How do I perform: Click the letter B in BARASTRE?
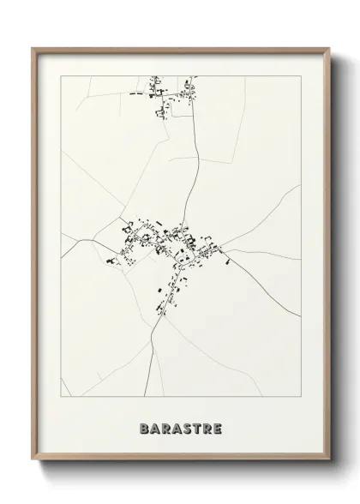coord(141,425)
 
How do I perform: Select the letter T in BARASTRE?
coord(196,425)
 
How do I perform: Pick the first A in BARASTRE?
coord(153,425)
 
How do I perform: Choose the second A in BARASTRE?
coord(174,425)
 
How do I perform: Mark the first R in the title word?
coord(164,425)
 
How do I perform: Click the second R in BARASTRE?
coord(208,425)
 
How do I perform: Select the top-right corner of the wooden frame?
coord(328,48)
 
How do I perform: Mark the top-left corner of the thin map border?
coord(62,76)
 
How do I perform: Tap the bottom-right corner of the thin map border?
coord(301,396)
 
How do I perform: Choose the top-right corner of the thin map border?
coord(301,76)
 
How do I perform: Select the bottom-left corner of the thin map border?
coord(62,396)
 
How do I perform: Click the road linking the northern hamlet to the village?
coord(198,163)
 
